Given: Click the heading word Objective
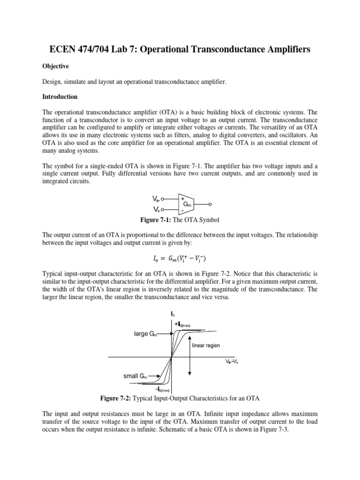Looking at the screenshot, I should click(55, 67).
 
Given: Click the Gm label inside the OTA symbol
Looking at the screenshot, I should click(187, 204).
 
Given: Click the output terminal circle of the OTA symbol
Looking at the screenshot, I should click(210, 204).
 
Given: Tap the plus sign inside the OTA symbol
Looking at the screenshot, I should click(182, 199).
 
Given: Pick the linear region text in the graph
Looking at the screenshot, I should click(206, 345).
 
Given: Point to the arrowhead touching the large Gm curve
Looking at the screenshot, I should click(172, 333).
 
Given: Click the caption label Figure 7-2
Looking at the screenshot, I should click(116, 398).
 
